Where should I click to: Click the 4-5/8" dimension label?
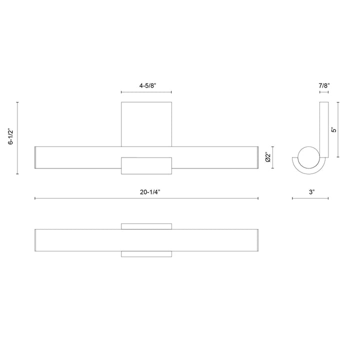[147, 85]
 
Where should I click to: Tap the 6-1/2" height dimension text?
[11, 137]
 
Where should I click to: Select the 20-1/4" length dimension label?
[150, 192]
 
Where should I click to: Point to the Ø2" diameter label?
[267, 157]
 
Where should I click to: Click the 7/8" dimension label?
[324, 85]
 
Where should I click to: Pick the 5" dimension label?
[334, 129]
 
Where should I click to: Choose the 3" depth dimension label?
[311, 192]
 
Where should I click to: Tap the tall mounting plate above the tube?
[146, 124]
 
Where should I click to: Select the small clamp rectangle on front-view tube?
[146, 166]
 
